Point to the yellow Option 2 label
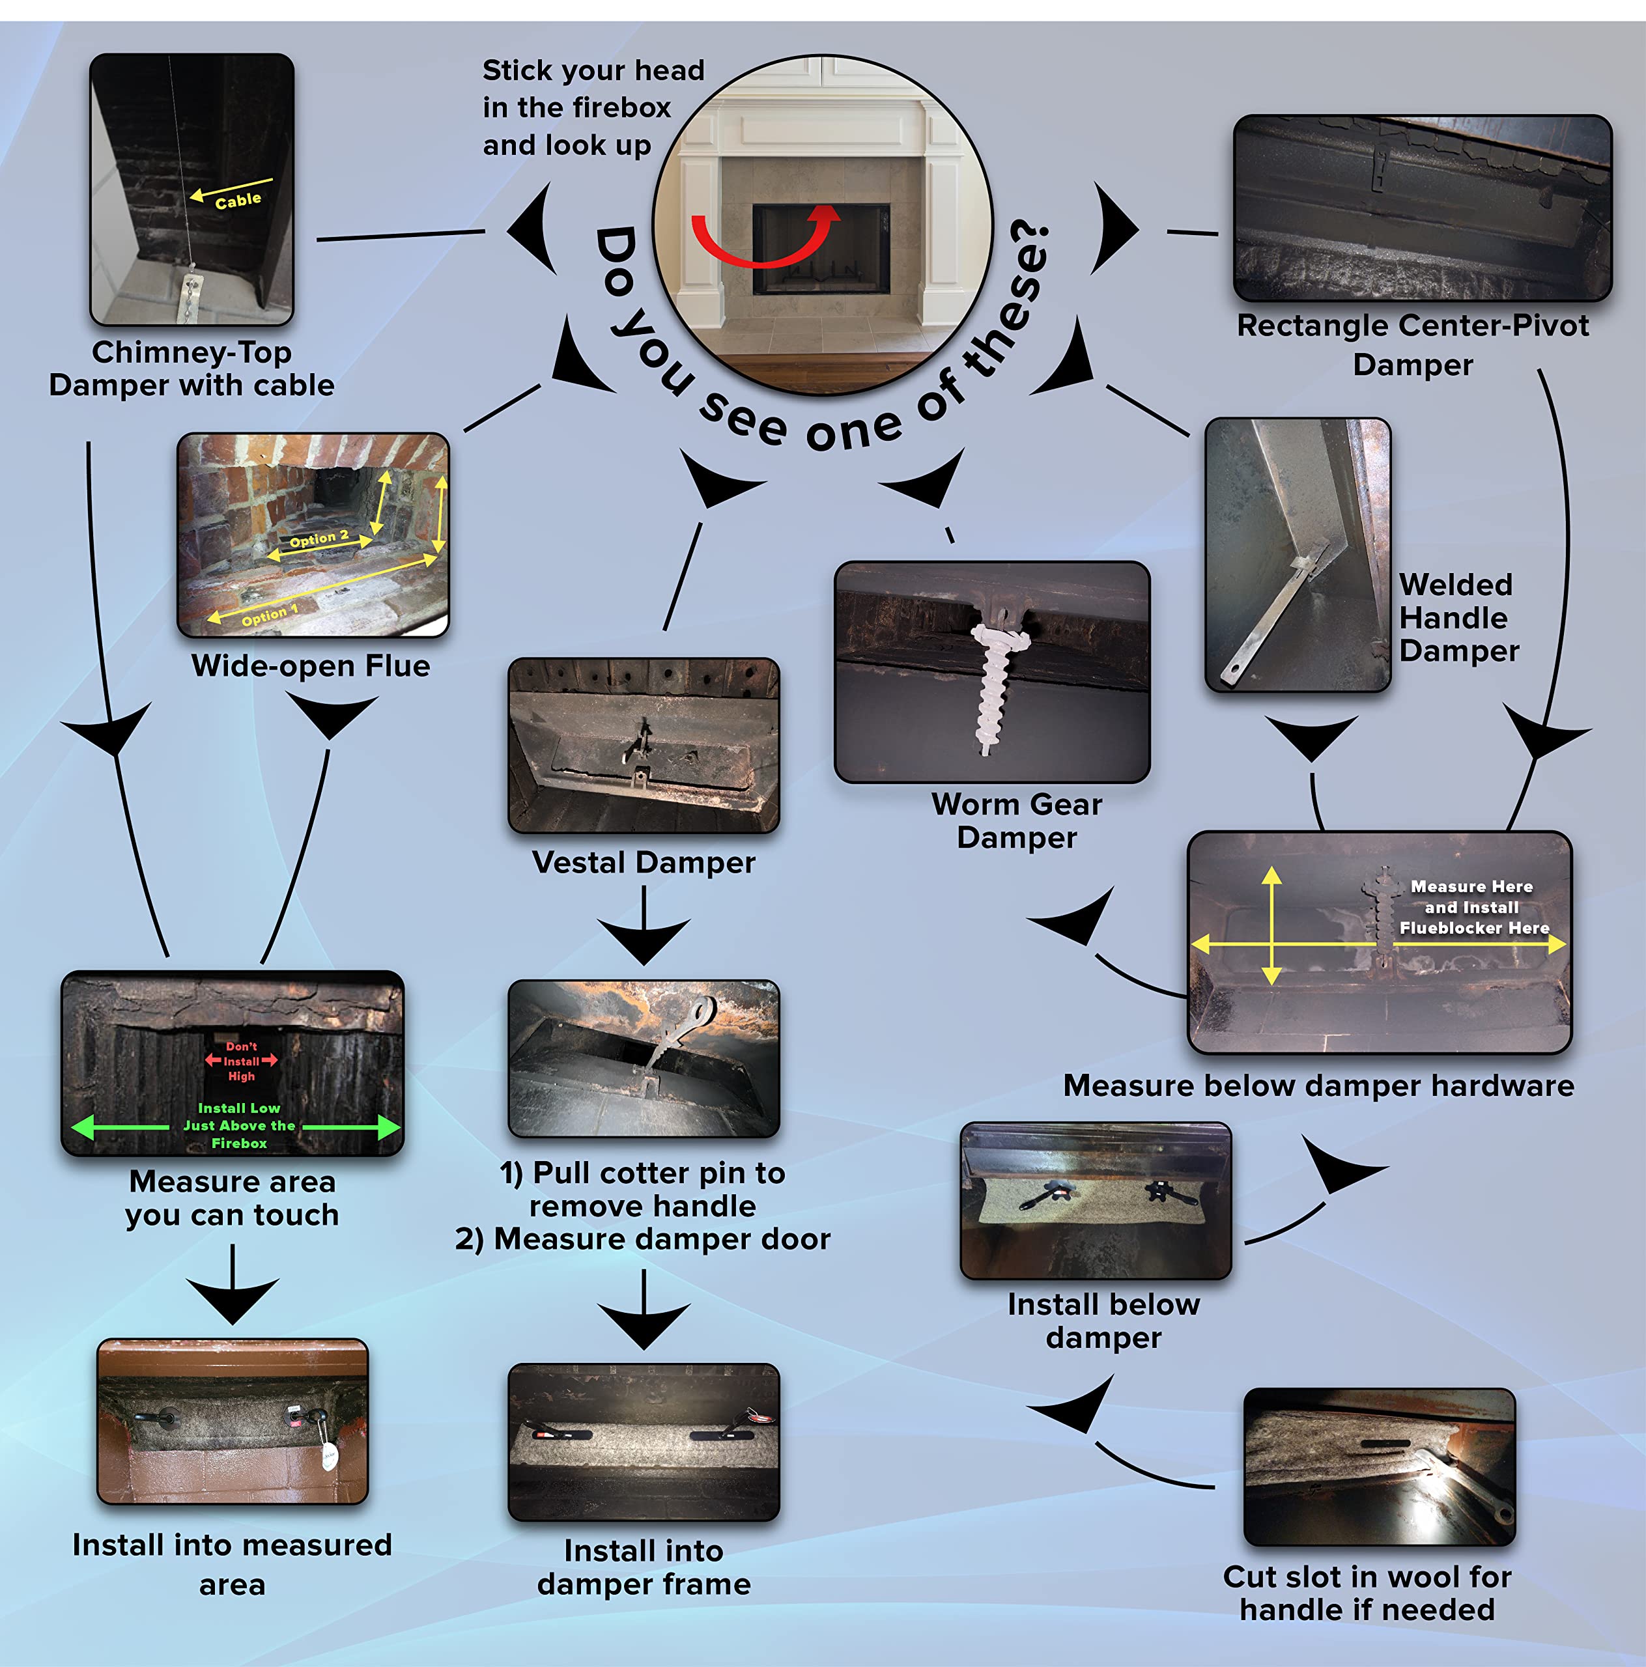(x=319, y=539)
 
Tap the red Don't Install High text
(x=242, y=1061)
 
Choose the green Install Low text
(x=239, y=1125)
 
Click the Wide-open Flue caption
(x=311, y=665)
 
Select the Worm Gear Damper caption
(x=1017, y=820)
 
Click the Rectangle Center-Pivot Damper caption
(x=1412, y=344)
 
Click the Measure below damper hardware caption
(x=1318, y=1086)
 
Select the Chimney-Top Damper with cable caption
(x=192, y=369)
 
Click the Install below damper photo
(x=1096, y=1200)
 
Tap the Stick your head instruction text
(x=593, y=107)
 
